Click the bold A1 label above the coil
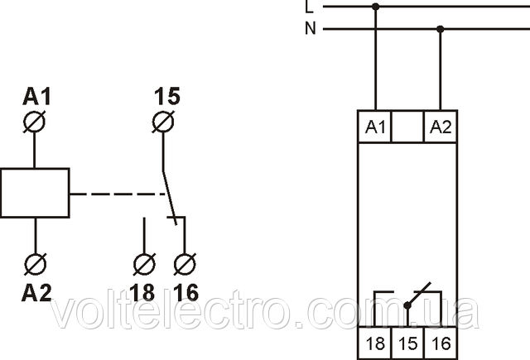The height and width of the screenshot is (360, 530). point(36,98)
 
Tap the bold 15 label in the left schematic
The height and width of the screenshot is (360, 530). point(166,98)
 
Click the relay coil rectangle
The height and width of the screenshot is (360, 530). point(36,192)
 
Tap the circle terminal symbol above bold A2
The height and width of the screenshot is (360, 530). point(36,264)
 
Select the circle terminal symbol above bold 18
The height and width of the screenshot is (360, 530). point(144,265)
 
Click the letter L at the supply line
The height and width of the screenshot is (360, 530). point(310,7)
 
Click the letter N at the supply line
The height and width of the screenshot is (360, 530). point(310,29)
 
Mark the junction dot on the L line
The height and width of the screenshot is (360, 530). point(376,7)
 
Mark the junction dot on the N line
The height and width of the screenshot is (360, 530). point(440,29)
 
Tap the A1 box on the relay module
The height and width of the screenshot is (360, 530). point(376,127)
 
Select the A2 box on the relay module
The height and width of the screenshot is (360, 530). point(440,127)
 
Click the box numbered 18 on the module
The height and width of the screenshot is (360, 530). point(375,341)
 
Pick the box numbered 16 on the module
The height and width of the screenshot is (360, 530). point(439,341)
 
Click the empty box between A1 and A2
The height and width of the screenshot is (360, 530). point(407,127)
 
